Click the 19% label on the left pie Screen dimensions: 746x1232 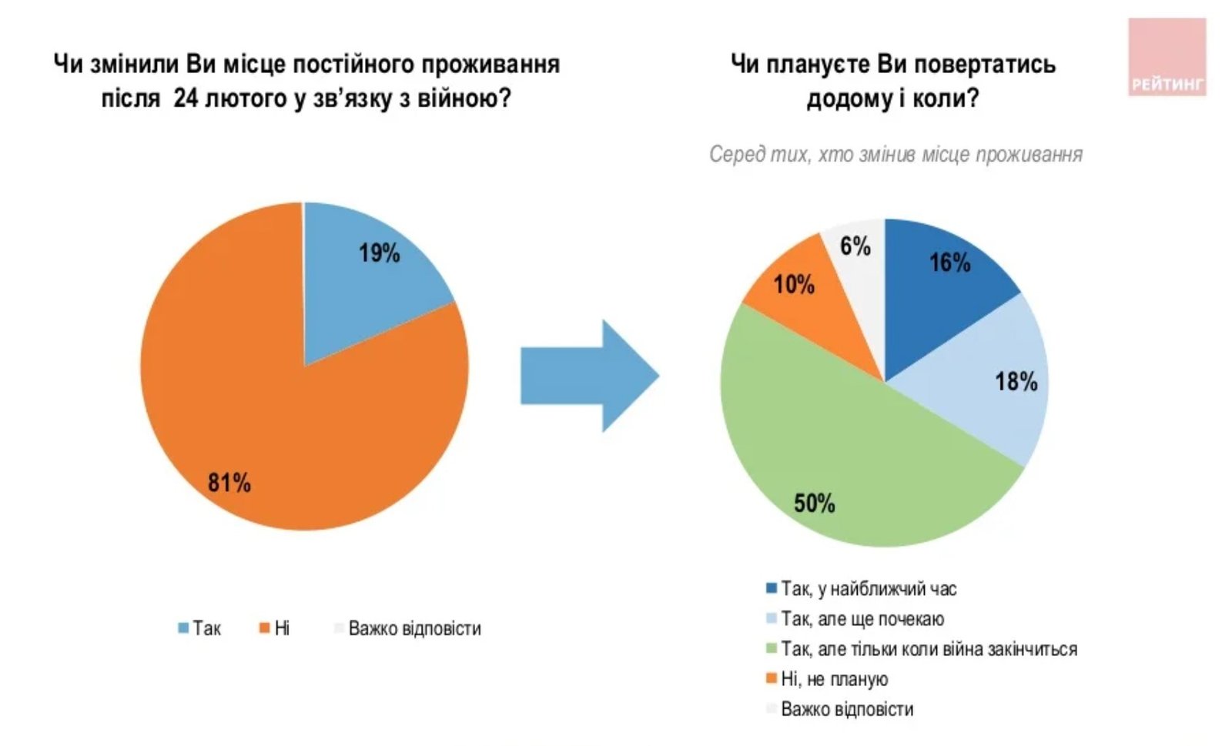click(x=379, y=253)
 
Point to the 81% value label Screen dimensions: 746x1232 click(x=229, y=483)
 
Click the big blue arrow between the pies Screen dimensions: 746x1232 click(x=589, y=376)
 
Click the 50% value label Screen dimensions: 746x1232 click(x=814, y=503)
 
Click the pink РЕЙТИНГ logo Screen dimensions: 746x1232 click(x=1167, y=58)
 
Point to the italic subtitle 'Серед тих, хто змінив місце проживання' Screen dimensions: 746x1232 click(x=896, y=155)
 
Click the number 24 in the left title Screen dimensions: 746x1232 click(x=186, y=99)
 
